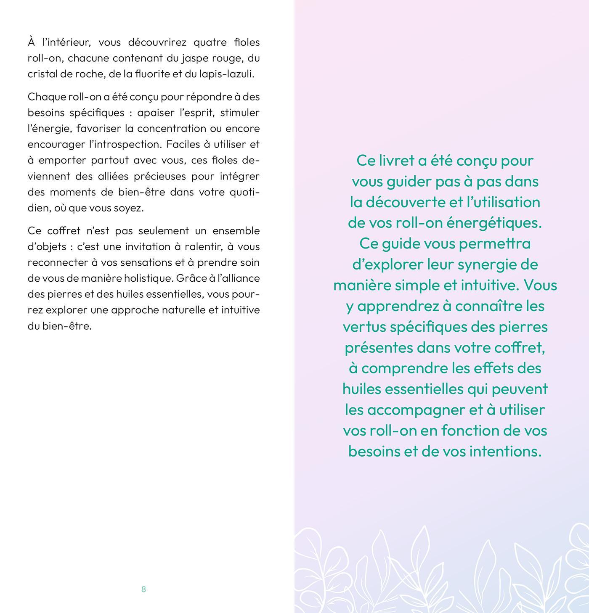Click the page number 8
(x=143, y=589)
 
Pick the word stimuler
(x=240, y=113)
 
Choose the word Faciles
(x=183, y=144)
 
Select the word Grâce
(x=191, y=278)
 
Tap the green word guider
(x=408, y=181)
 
